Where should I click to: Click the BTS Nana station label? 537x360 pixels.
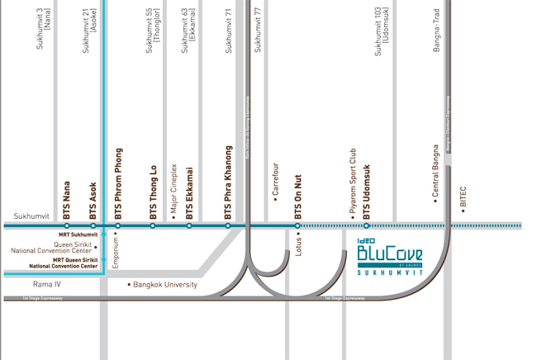68,200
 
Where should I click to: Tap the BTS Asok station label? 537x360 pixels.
93,200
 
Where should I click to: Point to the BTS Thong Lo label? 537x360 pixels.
153,192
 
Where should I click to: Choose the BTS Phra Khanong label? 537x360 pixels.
228,183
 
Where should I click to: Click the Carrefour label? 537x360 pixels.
275,181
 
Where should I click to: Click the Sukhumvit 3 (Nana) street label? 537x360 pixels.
43,29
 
